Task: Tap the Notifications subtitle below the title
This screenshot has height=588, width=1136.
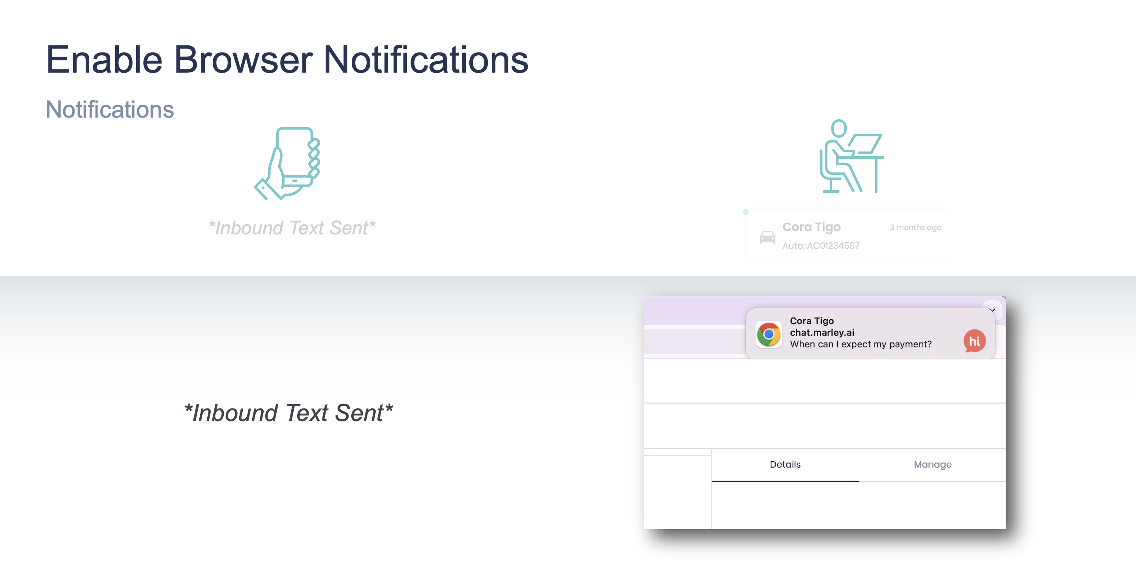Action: pyautogui.click(x=110, y=109)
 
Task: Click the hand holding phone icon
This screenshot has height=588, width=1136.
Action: pyautogui.click(x=287, y=163)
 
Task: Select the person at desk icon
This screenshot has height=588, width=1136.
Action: pyautogui.click(x=851, y=157)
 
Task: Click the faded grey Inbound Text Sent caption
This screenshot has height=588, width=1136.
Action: pyautogui.click(x=292, y=228)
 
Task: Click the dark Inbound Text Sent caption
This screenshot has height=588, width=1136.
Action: pyautogui.click(x=289, y=413)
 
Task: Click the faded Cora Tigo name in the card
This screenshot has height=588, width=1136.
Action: pyautogui.click(x=812, y=227)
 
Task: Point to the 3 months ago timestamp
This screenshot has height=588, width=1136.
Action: pyautogui.click(x=915, y=227)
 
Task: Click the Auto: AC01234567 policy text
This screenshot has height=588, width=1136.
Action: pyautogui.click(x=821, y=245)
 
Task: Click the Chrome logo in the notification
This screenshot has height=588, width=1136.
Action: pyautogui.click(x=769, y=335)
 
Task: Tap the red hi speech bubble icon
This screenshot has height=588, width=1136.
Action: pyautogui.click(x=975, y=341)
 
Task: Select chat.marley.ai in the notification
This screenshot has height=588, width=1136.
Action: pyautogui.click(x=822, y=332)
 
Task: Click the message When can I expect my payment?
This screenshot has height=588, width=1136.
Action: pyautogui.click(x=861, y=344)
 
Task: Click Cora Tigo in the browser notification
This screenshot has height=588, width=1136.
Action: pyautogui.click(x=812, y=321)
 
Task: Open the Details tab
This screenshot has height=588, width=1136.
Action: pyautogui.click(x=785, y=464)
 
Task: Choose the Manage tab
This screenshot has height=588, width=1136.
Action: pyautogui.click(x=933, y=464)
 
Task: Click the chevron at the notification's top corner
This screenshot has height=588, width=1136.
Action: pyautogui.click(x=992, y=310)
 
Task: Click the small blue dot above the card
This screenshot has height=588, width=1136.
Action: pyautogui.click(x=746, y=212)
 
